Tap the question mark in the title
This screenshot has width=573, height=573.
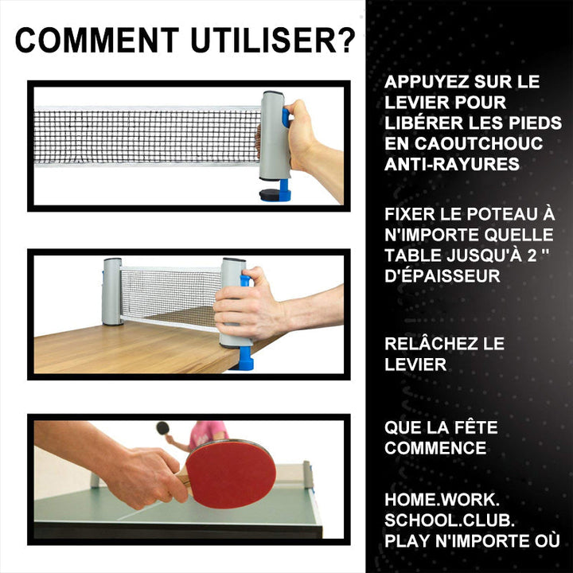345,40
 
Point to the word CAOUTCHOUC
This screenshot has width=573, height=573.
478,143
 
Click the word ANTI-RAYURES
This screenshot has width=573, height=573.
452,164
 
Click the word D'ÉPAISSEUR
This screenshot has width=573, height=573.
442,275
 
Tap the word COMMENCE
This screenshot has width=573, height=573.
435,448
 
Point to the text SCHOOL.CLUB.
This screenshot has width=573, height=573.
450,520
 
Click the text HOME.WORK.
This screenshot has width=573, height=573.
442,500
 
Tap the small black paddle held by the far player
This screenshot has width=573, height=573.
162,428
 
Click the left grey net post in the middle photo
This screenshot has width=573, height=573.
112,291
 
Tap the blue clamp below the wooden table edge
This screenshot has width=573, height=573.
246,359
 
